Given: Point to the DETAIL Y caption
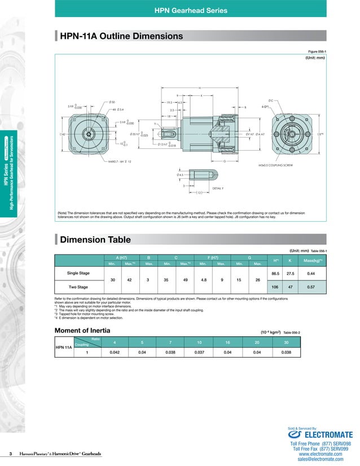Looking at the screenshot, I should click(x=218, y=187).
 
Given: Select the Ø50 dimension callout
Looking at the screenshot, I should click(x=104, y=102).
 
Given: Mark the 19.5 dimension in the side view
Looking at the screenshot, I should click(x=169, y=103).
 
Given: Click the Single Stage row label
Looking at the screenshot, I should click(x=78, y=273).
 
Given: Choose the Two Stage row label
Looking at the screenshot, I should click(x=78, y=287).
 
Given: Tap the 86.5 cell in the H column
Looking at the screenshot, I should click(x=276, y=273).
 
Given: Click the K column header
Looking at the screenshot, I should click(x=289, y=260).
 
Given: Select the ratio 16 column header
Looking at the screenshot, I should click(x=227, y=342).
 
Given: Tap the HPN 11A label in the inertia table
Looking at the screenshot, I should click(x=64, y=347).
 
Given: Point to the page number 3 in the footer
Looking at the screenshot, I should click(x=10, y=454).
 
